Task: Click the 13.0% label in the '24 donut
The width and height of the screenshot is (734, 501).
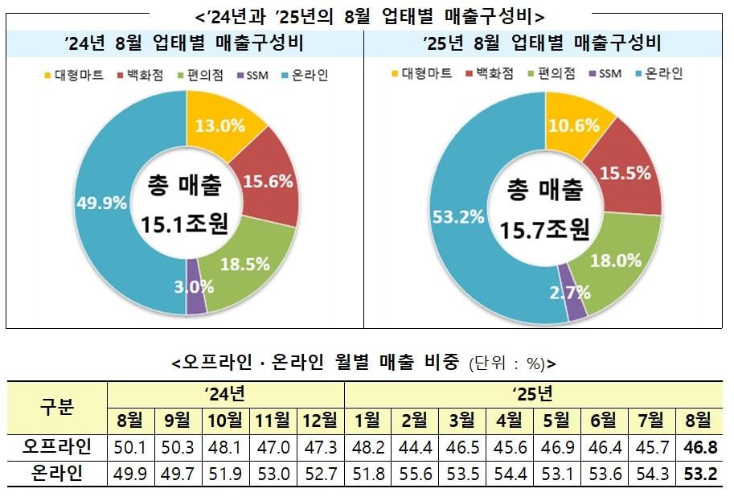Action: [x=215, y=125]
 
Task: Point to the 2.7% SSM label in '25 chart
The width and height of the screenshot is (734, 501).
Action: [x=568, y=293]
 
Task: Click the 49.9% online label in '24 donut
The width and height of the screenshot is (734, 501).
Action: [x=102, y=203]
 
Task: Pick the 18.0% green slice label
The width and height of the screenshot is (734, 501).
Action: [x=616, y=260]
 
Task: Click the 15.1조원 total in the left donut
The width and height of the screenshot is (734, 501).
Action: [x=184, y=224]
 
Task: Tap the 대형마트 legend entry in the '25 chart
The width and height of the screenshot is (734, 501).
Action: [x=422, y=74]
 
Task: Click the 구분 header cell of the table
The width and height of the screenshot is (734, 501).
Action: [x=57, y=407]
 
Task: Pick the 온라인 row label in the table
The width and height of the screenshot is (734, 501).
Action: [x=57, y=473]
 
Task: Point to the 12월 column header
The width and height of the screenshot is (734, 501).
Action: [x=320, y=420]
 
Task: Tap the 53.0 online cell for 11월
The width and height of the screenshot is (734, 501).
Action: [x=272, y=473]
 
